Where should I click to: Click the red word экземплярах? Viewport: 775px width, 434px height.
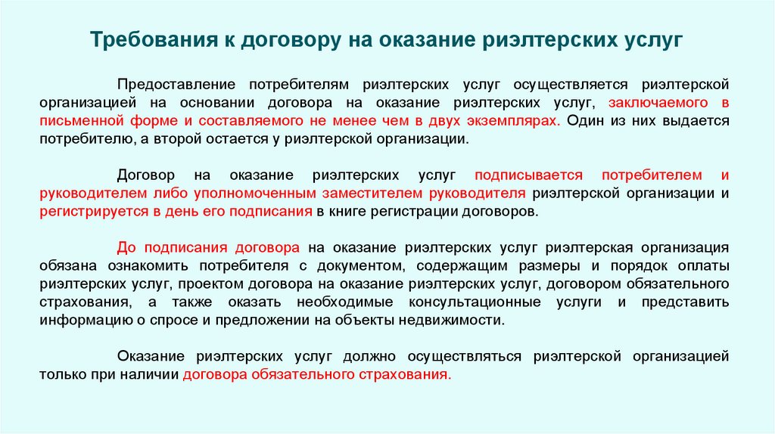click(x=515, y=121)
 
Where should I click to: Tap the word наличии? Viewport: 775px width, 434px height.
click(x=154, y=374)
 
